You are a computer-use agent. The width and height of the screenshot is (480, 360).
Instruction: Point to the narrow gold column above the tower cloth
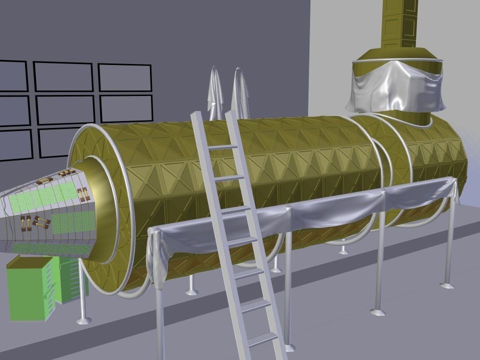point(400,22)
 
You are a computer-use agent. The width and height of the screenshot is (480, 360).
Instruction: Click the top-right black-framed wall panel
point(124,77)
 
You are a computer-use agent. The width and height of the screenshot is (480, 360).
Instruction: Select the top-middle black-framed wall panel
point(63,76)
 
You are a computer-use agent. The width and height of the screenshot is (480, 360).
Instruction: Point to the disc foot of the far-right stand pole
point(446,285)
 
